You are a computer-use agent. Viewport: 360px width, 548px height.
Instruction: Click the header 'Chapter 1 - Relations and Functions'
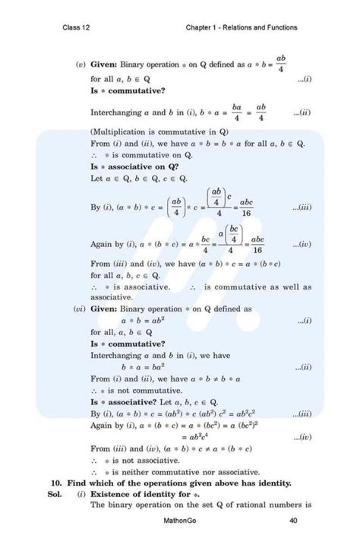tap(242, 28)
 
